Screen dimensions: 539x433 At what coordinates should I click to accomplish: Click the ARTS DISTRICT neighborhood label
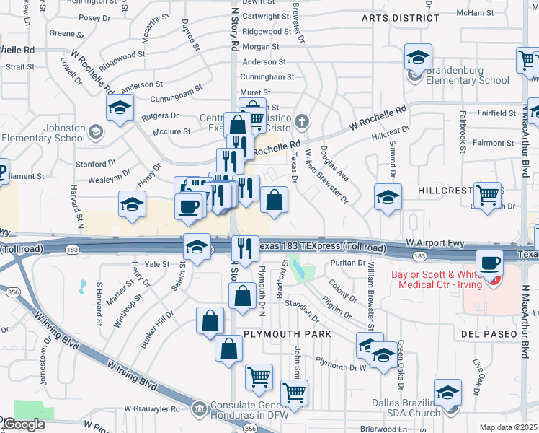click(401, 18)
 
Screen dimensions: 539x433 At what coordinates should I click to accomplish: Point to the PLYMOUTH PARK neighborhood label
click(288, 334)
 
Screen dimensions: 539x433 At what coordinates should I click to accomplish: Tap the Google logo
click(23, 424)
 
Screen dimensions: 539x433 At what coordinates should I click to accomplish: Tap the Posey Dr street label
click(89, 18)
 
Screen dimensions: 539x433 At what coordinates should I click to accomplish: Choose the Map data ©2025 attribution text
click(509, 427)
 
